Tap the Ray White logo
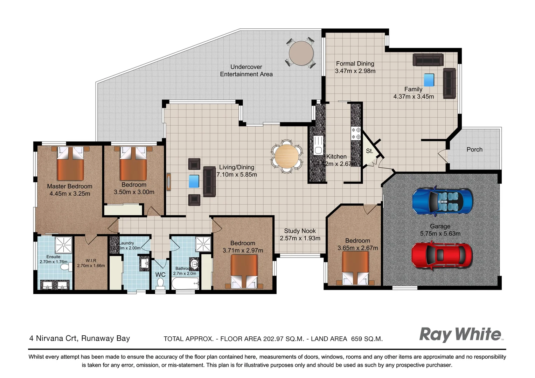[x=460, y=334]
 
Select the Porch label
[x=474, y=149]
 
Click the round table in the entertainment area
[x=301, y=53]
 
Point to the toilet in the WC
[x=161, y=283]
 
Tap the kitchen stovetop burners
[x=356, y=133]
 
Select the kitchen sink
[x=318, y=146]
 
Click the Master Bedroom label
[x=70, y=186]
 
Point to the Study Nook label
[x=300, y=231]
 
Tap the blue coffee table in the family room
[x=429, y=80]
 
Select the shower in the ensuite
[x=64, y=244]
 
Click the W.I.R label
[x=91, y=261]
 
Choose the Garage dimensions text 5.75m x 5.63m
[x=440, y=233]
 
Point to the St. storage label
[x=369, y=151]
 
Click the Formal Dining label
[x=355, y=64]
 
